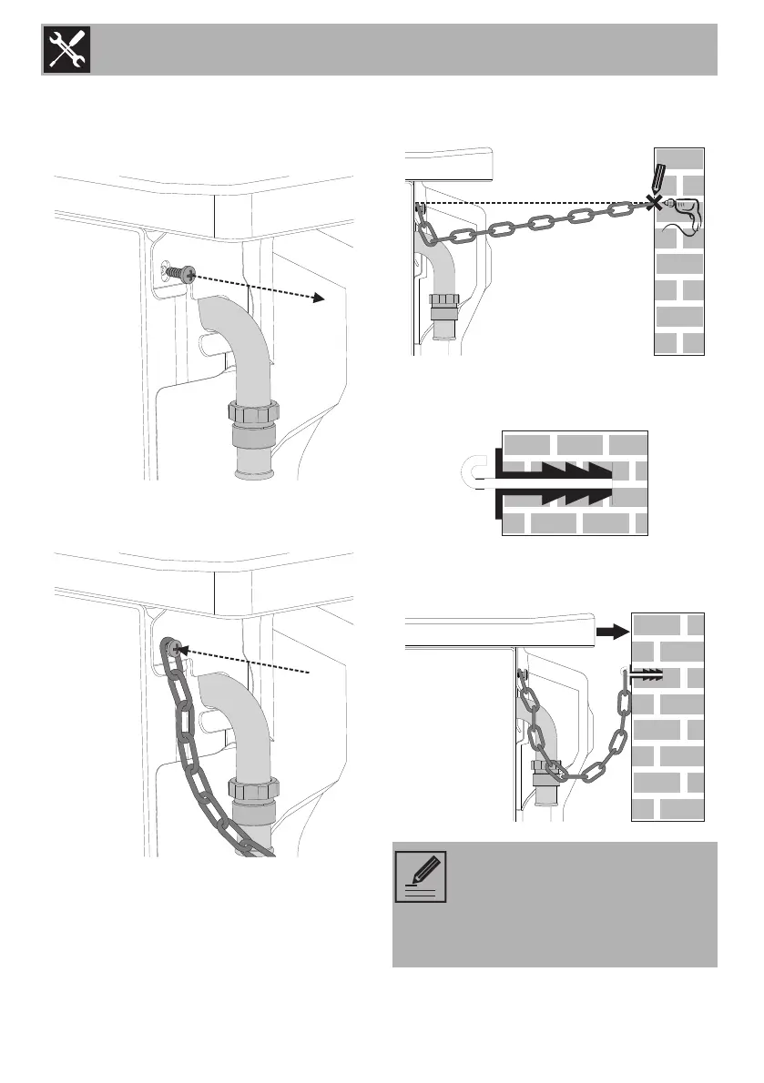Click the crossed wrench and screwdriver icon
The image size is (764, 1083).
65,50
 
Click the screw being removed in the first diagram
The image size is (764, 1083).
185,272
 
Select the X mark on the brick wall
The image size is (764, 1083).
652,204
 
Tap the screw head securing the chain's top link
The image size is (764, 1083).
172,647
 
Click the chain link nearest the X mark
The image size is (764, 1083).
619,211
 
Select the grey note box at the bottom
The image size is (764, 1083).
555,904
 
